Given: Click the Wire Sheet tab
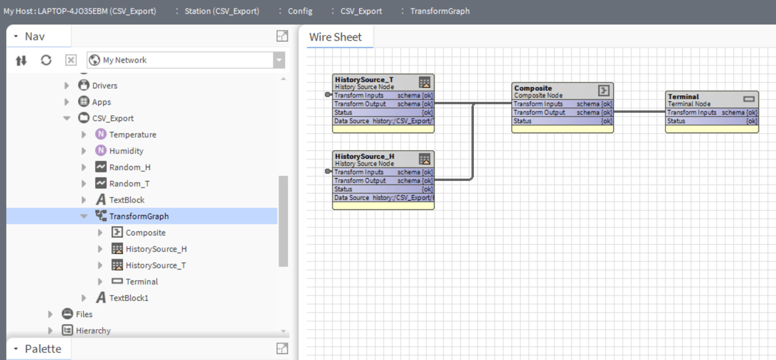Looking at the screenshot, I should [335, 37].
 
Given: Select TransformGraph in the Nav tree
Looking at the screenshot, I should [139, 216].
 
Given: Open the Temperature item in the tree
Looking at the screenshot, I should [132, 134].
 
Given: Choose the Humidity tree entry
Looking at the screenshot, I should [126, 151].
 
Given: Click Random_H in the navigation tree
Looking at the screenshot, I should [125, 167].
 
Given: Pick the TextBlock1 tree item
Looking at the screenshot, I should [128, 298].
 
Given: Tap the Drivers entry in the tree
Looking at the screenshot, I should [104, 85].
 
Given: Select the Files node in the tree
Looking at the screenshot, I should [84, 314].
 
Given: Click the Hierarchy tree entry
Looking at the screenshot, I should [93, 330].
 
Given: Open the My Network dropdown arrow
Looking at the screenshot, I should [278, 60].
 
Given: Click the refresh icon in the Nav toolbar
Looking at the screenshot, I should [46, 60].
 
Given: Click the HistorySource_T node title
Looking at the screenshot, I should [364, 79].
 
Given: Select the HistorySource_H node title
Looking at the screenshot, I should [364, 156].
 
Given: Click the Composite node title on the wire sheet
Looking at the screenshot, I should [533, 88].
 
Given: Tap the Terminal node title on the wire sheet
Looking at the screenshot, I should [683, 96].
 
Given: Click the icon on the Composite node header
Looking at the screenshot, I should [603, 91].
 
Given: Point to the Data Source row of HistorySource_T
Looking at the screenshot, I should [383, 121].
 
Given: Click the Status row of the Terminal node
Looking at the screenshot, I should [711, 121].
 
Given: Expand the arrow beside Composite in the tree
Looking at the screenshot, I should [100, 232].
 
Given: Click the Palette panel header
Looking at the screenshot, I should [42, 349].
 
